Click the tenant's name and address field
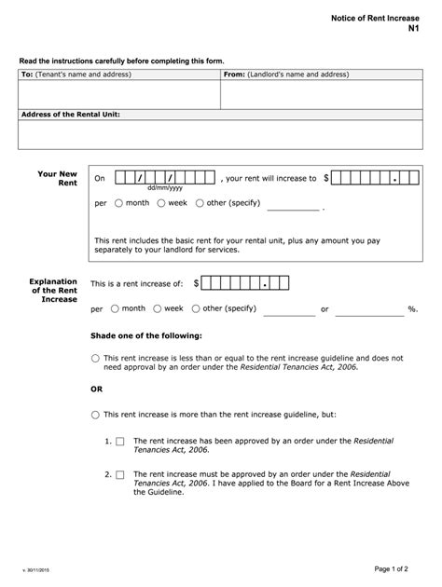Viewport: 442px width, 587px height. (118, 94)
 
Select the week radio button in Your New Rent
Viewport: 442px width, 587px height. (161, 202)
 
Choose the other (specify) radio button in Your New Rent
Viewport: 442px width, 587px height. (200, 202)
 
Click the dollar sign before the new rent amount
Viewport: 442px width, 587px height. (326, 177)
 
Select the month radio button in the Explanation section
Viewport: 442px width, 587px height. (114, 308)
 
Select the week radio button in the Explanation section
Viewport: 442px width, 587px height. (158, 308)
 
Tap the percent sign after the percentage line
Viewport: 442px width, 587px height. (410, 308)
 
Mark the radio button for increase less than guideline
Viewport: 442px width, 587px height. (96, 358)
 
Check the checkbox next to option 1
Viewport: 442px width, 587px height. (120, 441)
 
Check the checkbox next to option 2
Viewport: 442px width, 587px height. (120, 474)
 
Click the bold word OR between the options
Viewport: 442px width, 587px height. (96, 389)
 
